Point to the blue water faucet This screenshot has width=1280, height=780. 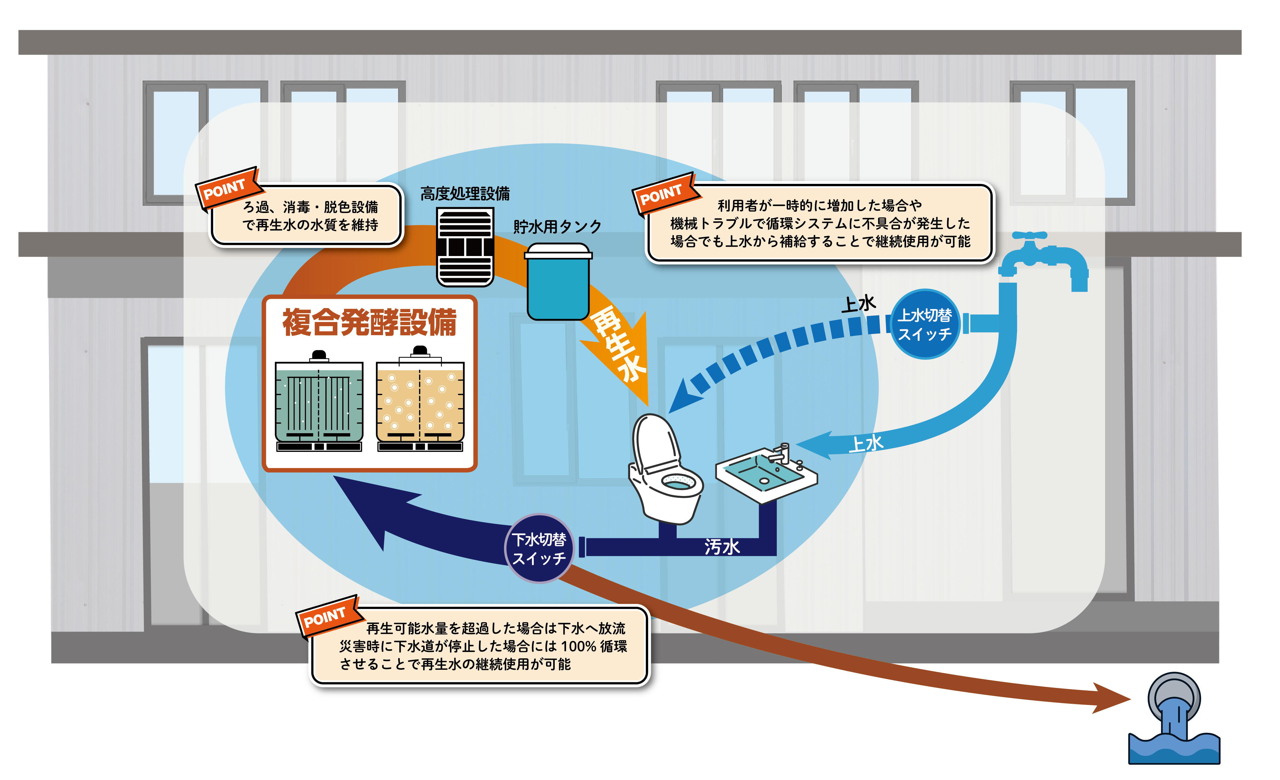tap(1044, 260)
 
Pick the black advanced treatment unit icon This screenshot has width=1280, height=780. tap(465, 247)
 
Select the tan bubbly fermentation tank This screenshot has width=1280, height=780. tap(420, 402)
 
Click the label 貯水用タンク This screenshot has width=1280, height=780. tap(557, 227)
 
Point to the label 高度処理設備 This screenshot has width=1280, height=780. tap(465, 194)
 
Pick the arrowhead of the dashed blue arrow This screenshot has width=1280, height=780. tap(683, 397)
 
